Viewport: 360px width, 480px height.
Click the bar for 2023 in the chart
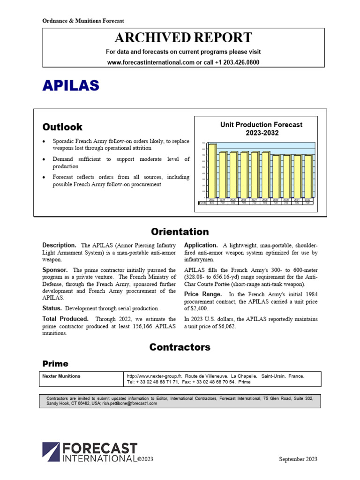coord(212,171)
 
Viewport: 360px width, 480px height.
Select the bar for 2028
coord(265,175)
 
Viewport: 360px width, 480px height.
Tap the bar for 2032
coord(308,176)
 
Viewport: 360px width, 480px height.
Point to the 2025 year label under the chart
coord(233,200)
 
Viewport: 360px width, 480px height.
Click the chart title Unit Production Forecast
coord(261,125)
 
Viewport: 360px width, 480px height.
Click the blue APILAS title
coord(71,85)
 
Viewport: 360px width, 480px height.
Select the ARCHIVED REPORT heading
coord(183,38)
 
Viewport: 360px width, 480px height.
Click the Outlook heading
coord(62,127)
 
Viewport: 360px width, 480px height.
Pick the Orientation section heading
coord(180,232)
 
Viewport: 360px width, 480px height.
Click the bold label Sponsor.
coord(55,270)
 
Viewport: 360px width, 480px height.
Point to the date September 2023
coord(298,459)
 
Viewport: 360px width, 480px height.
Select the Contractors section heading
coord(180,347)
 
